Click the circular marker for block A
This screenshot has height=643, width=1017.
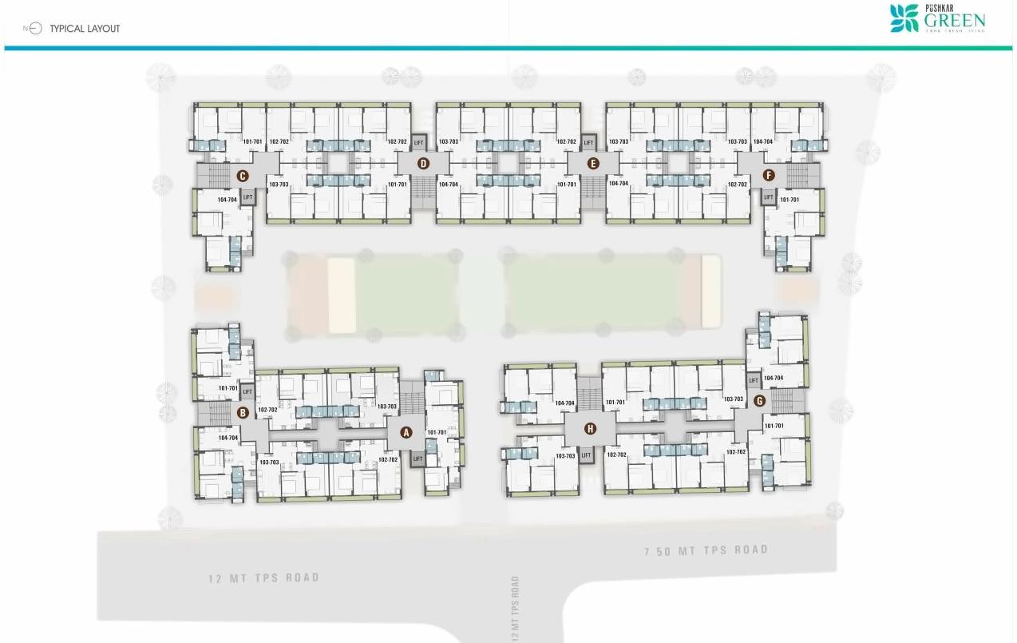406,433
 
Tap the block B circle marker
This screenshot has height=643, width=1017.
243,413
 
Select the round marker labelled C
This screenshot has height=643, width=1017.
242,176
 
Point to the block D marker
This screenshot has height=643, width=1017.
423,164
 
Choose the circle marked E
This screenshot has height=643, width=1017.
592,164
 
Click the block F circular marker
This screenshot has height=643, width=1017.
769,175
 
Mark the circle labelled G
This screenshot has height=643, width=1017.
759,401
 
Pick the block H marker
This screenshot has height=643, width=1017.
590,429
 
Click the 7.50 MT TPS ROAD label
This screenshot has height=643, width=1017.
706,550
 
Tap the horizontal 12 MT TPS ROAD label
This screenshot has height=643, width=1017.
263,578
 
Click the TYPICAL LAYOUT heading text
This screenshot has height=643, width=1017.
85,29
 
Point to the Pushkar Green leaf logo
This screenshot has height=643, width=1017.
904,18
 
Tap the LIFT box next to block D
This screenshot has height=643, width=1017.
419,143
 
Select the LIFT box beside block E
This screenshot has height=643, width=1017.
589,143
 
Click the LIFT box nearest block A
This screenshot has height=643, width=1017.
417,458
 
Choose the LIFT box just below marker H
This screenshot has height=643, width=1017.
587,455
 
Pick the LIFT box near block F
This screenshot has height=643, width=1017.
769,196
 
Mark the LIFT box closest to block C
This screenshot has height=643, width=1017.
247,196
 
